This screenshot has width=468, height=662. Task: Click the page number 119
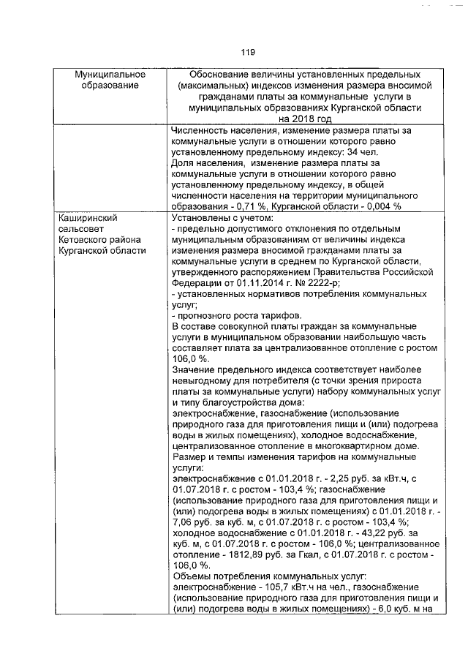click(246, 52)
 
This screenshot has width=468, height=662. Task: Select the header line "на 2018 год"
click(295, 118)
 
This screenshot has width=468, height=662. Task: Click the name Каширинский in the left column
click(87, 217)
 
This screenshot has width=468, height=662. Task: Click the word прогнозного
click(205, 315)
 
